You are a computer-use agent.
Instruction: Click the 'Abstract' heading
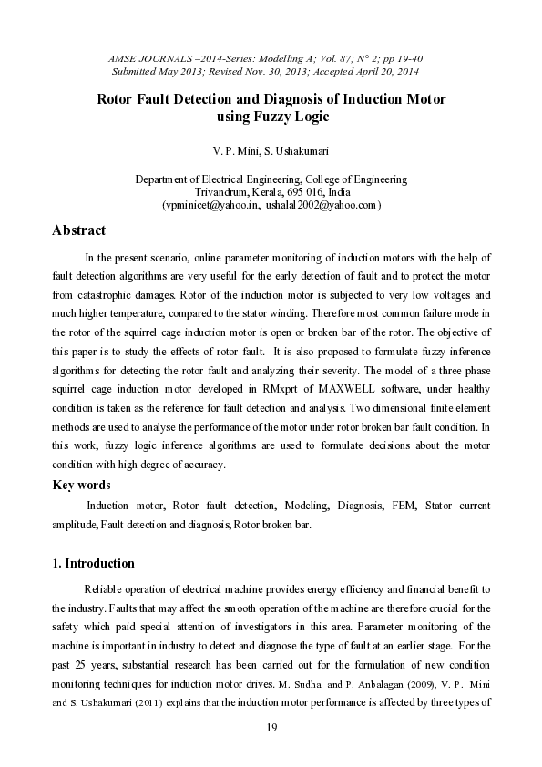pyautogui.click(x=78, y=230)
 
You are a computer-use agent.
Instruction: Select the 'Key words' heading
pyautogui.click(x=82, y=485)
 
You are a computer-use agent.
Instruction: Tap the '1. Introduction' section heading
pyautogui.click(x=94, y=563)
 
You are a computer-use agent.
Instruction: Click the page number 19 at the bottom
pyautogui.click(x=271, y=727)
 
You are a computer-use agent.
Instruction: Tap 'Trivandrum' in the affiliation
pyautogui.click(x=221, y=193)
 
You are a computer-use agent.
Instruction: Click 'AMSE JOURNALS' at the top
pyautogui.click(x=142, y=58)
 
